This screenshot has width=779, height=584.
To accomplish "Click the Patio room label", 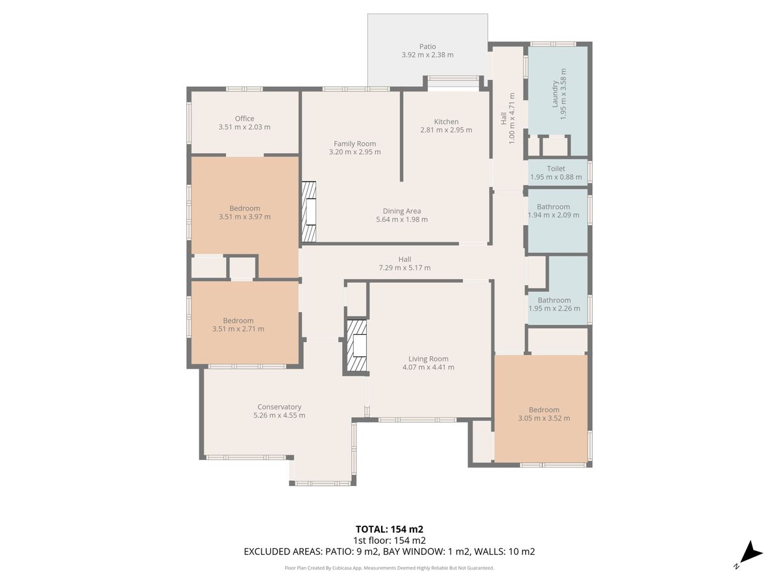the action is pyautogui.click(x=427, y=47).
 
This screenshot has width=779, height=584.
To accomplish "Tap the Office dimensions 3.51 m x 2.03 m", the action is pyautogui.click(x=245, y=127).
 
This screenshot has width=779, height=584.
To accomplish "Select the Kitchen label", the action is pyautogui.click(x=446, y=121).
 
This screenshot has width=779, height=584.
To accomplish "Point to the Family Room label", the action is pyautogui.click(x=354, y=143).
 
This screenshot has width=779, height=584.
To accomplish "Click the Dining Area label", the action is pyautogui.click(x=402, y=211).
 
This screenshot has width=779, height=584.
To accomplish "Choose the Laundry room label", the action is pyautogui.click(x=555, y=94).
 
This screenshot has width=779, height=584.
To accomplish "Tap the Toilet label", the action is pyautogui.click(x=556, y=169).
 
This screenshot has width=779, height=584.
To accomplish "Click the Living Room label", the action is pyautogui.click(x=428, y=359).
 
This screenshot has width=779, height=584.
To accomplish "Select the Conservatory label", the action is pyautogui.click(x=279, y=407).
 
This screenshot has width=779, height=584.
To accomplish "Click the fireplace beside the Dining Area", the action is pyautogui.click(x=309, y=212).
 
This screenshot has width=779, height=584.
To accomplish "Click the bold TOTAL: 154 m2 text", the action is pyautogui.click(x=389, y=529).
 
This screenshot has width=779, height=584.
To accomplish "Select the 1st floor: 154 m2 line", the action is pyautogui.click(x=389, y=541).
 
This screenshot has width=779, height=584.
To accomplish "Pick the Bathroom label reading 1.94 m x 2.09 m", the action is pyautogui.click(x=553, y=211).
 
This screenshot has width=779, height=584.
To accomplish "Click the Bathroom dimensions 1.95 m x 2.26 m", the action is pyautogui.click(x=554, y=308).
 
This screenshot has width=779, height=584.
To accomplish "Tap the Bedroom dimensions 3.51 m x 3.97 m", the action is pyautogui.click(x=245, y=217).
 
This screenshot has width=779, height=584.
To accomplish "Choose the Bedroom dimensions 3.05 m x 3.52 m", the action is pyautogui.click(x=544, y=418).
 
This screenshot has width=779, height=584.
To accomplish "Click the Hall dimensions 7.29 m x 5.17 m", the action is pyautogui.click(x=404, y=268).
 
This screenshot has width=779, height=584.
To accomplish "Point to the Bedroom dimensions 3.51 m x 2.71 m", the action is pyautogui.click(x=238, y=329).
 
